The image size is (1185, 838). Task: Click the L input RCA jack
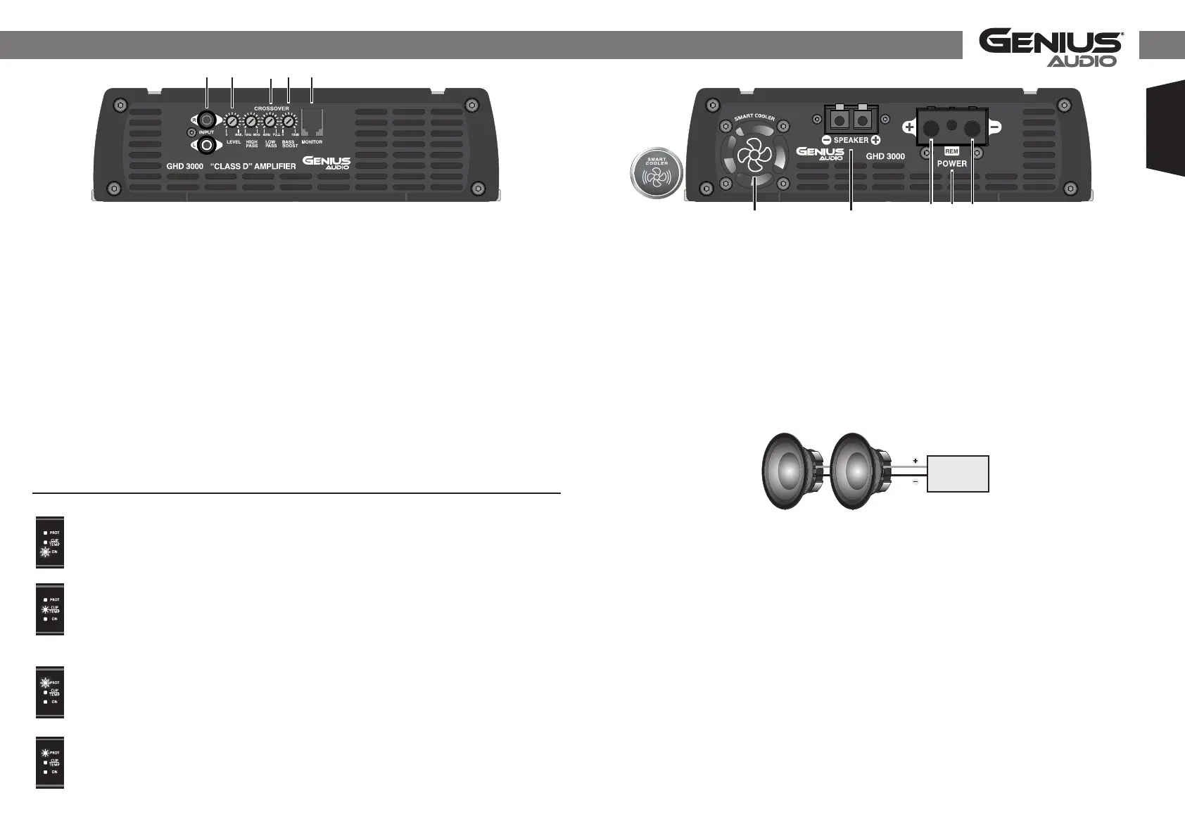[x=206, y=146]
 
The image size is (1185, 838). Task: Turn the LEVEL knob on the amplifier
[x=232, y=122]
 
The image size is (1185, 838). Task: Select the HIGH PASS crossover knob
[x=251, y=122]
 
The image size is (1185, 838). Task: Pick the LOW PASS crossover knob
[x=270, y=122]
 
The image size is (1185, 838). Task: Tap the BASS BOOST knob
[x=289, y=122]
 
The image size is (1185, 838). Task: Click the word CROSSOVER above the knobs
[x=272, y=108]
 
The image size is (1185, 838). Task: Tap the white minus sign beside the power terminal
[x=995, y=127]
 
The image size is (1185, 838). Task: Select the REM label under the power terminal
[x=951, y=151]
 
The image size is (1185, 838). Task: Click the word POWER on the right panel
[x=951, y=163]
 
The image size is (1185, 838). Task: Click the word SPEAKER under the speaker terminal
[x=851, y=140]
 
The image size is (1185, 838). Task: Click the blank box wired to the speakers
[x=958, y=474]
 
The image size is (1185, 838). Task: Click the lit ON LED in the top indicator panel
[x=45, y=552]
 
